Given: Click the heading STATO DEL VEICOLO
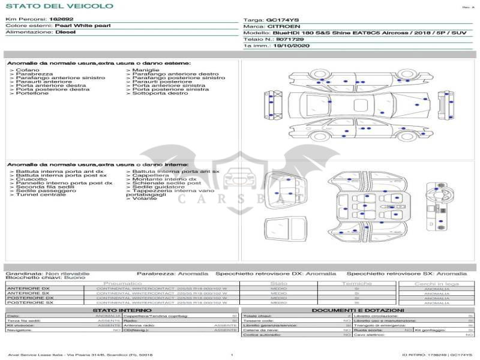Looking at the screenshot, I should pyautogui.click(x=59, y=6).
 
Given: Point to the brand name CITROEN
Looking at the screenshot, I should pyautogui.click(x=281, y=26).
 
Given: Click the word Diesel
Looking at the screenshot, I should pyautogui.click(x=65, y=32).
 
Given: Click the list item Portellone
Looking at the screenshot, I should pyautogui.click(x=32, y=93).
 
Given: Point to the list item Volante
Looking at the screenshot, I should pyautogui.click(x=145, y=199).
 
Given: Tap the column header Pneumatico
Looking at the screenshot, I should pyautogui.click(x=122, y=283).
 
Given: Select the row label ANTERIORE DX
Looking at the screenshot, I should pyautogui.click(x=29, y=289).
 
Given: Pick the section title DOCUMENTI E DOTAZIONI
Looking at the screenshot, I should pyautogui.click(x=358, y=310).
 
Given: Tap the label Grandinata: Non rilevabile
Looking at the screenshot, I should pyautogui.click(x=47, y=273).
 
